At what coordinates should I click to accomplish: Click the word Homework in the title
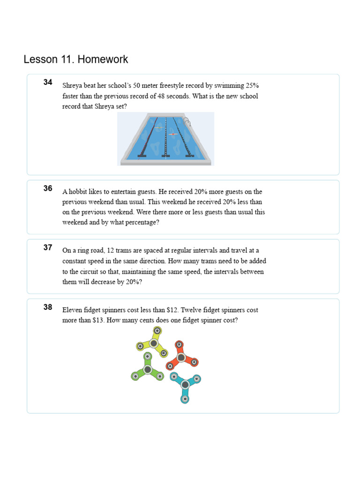click(x=103, y=60)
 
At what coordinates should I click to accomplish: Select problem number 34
click(x=48, y=82)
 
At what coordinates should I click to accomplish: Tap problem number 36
click(x=48, y=188)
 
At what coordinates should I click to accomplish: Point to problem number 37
click(x=48, y=247)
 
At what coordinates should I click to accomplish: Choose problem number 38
click(x=48, y=307)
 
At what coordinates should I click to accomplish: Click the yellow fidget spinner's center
click(x=153, y=343)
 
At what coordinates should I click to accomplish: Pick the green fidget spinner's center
click(x=148, y=370)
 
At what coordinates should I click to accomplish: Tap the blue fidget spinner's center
click(x=185, y=384)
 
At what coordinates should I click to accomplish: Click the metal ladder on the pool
click(x=187, y=122)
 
